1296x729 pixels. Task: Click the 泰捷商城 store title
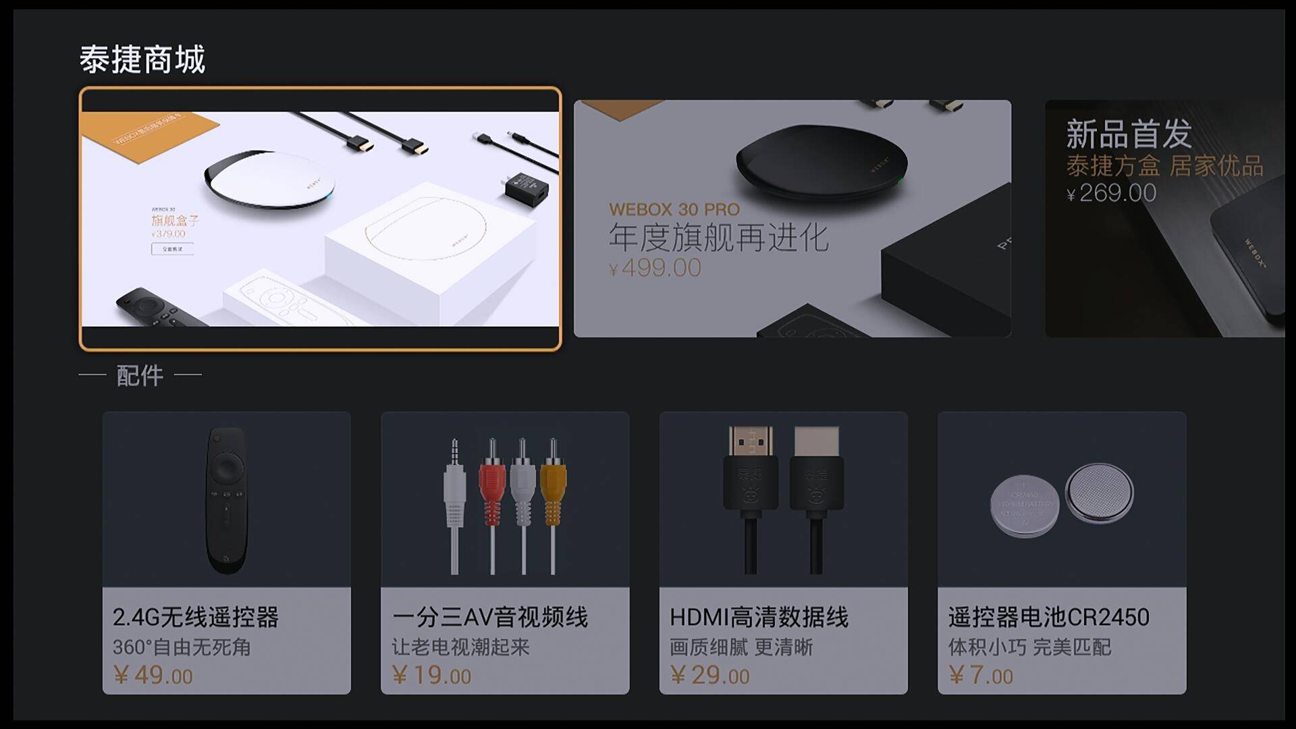(x=142, y=59)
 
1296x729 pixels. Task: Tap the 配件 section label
(x=140, y=375)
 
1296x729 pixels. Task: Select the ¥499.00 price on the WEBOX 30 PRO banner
(x=655, y=268)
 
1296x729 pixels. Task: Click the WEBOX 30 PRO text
(x=674, y=209)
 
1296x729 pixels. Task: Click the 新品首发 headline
(x=1129, y=134)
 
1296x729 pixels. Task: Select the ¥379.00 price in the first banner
(x=169, y=234)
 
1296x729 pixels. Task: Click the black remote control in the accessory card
(x=226, y=500)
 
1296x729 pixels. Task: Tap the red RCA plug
(x=492, y=486)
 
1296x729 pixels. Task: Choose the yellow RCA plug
(x=553, y=486)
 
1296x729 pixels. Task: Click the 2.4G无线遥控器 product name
(x=196, y=617)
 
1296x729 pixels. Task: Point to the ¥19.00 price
(x=432, y=675)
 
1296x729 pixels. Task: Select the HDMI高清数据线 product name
(x=759, y=617)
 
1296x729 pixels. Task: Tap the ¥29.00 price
(x=710, y=675)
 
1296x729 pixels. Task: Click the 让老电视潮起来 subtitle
(x=460, y=647)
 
